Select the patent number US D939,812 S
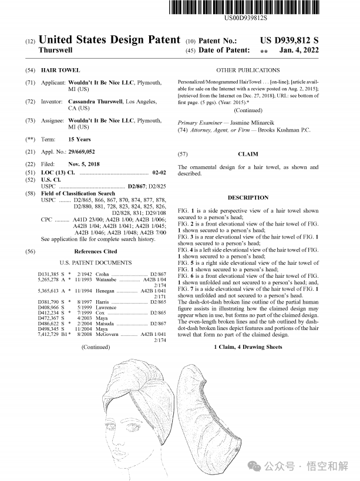coord(289,41)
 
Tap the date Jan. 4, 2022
coord(300,51)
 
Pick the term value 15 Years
coord(79,140)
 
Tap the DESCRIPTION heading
coord(248,197)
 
